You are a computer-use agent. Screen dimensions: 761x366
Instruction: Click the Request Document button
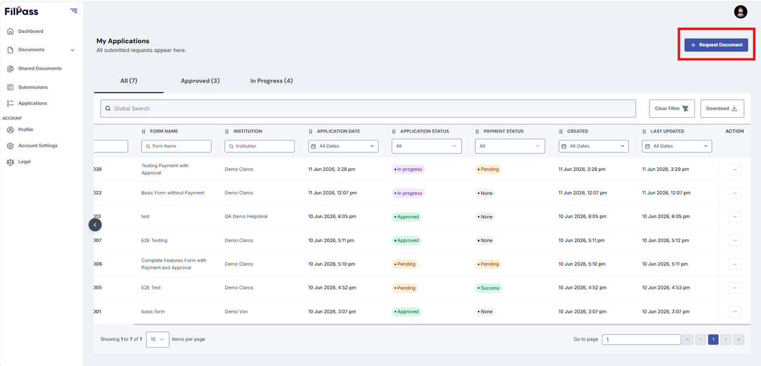(x=716, y=45)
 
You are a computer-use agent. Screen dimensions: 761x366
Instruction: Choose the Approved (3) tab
(x=200, y=80)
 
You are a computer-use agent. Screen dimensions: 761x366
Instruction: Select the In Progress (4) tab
(x=271, y=80)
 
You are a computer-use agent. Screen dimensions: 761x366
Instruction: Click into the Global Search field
(x=368, y=108)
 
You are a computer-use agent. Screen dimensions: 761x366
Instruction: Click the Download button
(x=722, y=108)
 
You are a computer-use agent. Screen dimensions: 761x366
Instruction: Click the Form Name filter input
(x=176, y=146)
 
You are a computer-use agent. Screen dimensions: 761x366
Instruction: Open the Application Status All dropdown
(x=426, y=146)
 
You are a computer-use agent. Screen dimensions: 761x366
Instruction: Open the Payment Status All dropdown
(x=510, y=146)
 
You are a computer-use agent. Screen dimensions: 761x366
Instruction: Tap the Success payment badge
(x=488, y=288)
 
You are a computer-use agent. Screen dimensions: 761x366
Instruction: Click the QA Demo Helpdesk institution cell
(x=246, y=217)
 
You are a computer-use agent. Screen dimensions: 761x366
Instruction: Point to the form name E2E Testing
(x=154, y=240)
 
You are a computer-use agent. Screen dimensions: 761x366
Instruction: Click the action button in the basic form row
(x=734, y=312)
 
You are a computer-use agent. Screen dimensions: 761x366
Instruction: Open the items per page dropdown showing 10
(x=158, y=339)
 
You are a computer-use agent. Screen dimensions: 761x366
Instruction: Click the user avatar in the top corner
(x=741, y=12)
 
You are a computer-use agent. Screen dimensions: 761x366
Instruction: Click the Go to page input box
(x=641, y=339)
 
